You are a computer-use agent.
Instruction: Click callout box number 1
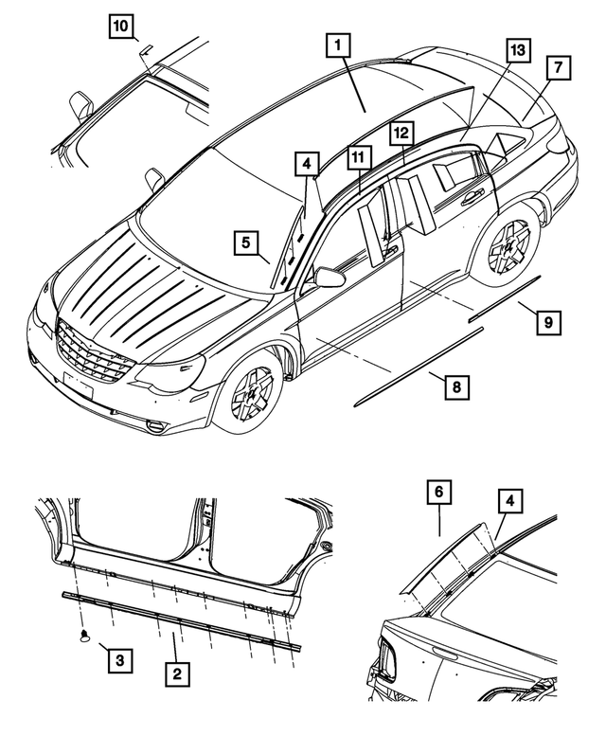[x=340, y=45]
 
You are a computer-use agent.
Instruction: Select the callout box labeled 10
[x=120, y=27]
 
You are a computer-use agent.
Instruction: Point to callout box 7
[x=557, y=67]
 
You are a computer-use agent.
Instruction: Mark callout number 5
[x=245, y=243]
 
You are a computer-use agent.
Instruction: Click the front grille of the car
[x=92, y=351]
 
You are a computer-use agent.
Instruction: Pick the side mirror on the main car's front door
[x=330, y=277]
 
